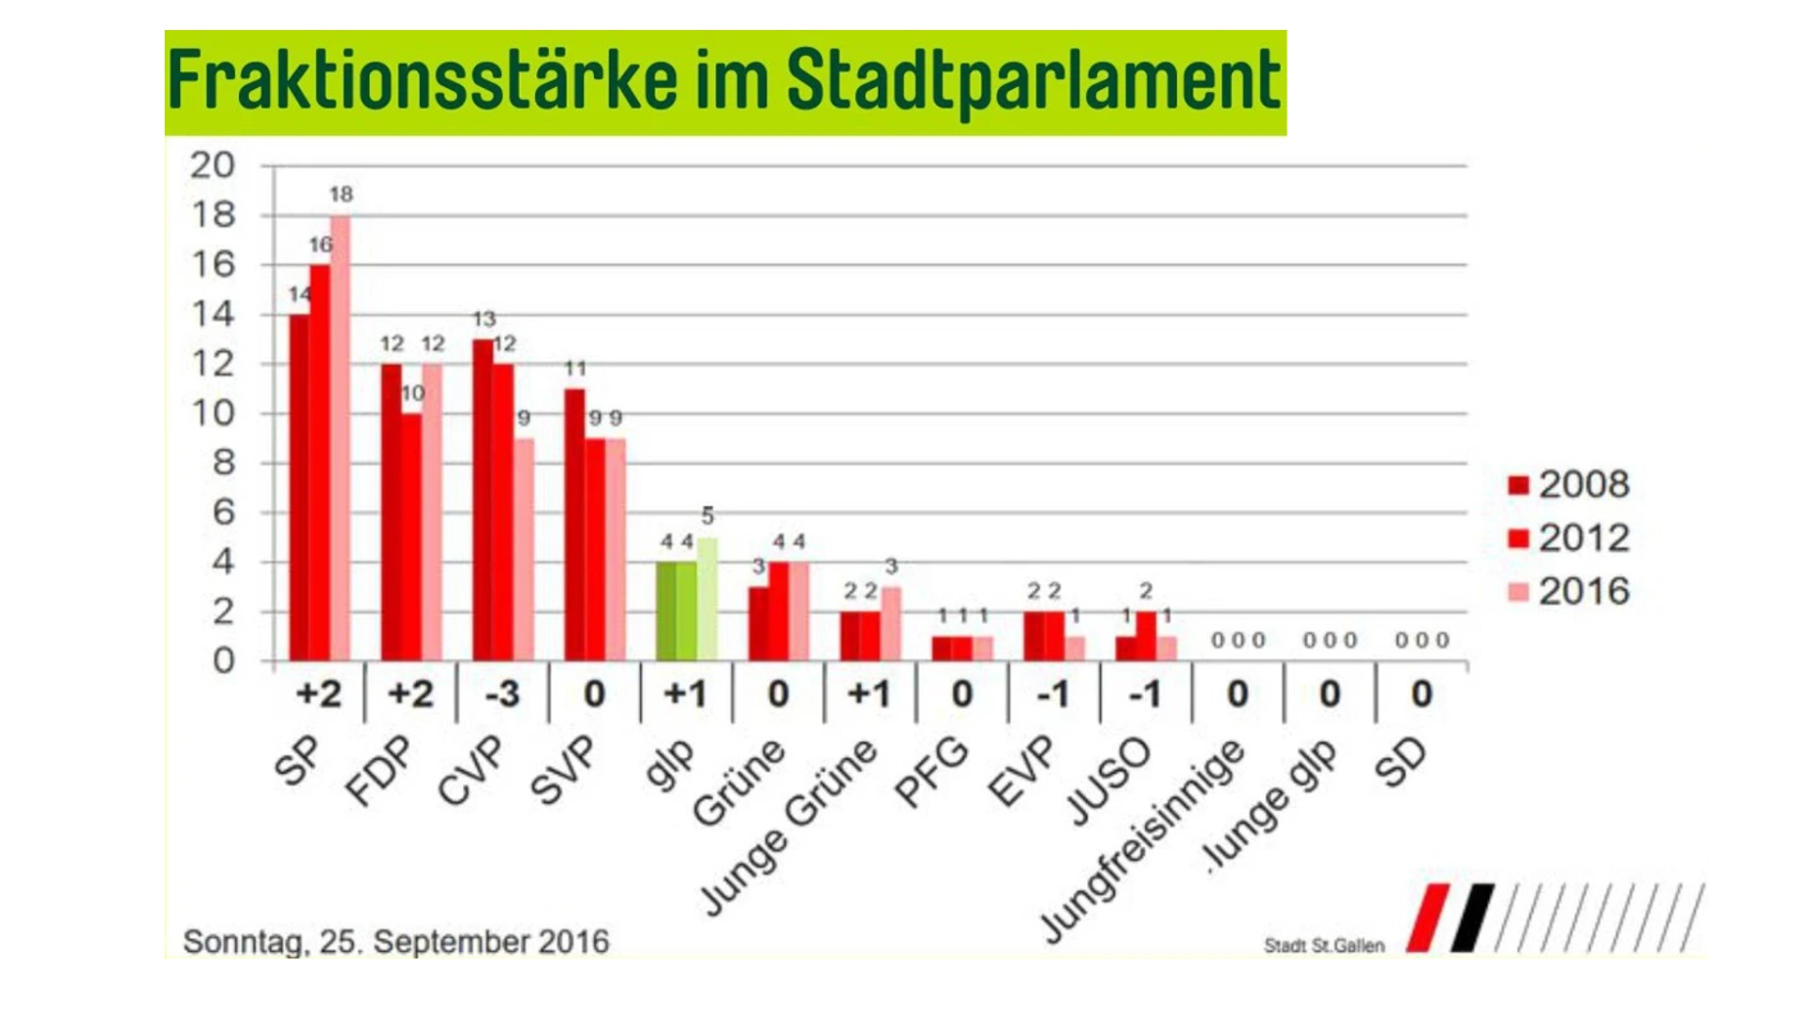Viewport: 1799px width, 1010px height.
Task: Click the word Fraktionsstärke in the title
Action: pos(422,81)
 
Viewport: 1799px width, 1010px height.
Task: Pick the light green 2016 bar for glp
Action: pos(707,600)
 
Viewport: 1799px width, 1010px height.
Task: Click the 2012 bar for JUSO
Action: pos(1146,636)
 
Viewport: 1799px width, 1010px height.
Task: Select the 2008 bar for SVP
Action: pos(574,525)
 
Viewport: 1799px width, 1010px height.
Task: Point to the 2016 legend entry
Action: pos(1569,591)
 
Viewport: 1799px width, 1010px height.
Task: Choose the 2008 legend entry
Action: pos(1569,484)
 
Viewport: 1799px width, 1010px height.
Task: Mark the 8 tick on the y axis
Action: pos(223,463)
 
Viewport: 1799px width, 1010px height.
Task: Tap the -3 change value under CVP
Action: pos(502,694)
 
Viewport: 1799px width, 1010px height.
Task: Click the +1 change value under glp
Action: pos(685,694)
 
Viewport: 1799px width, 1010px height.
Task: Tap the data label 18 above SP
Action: pos(341,195)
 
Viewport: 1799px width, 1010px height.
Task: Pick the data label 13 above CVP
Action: pos(483,319)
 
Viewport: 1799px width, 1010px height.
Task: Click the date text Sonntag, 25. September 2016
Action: pos(395,942)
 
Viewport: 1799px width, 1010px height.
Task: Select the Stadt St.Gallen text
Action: pos(1324,946)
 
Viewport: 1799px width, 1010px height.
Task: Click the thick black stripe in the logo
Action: pos(1472,918)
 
